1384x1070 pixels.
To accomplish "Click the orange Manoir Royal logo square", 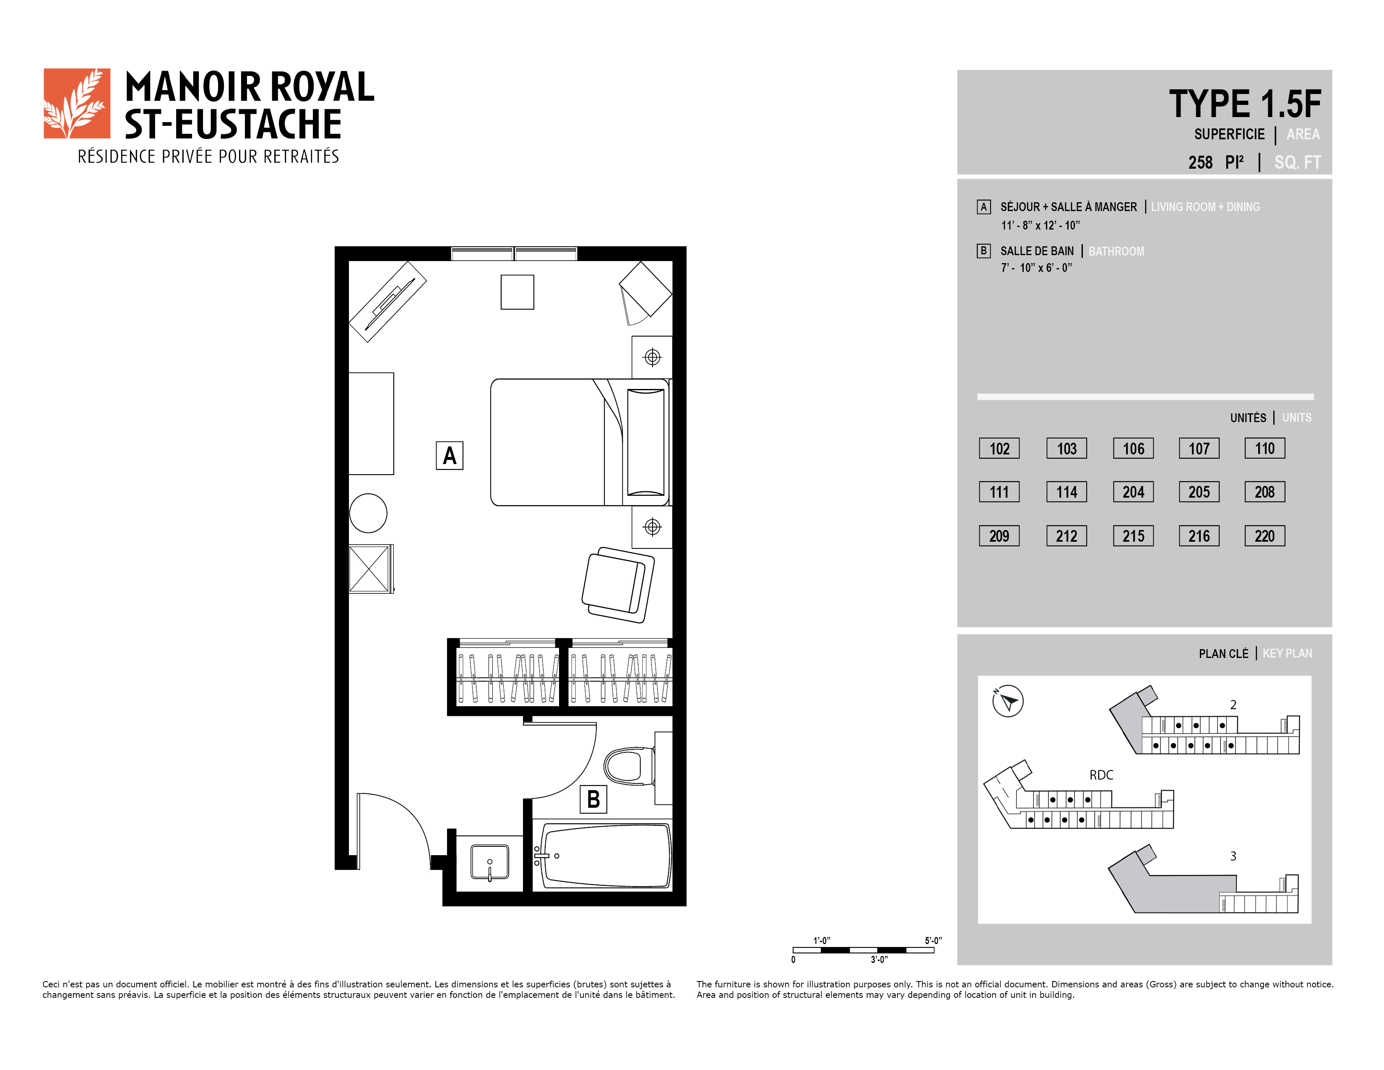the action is coord(77,103).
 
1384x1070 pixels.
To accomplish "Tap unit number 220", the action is coord(1264,536).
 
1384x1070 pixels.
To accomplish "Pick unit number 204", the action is coord(1133,492).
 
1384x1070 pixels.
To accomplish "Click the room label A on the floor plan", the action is coord(449,456).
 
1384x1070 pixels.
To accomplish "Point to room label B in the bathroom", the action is coord(593,799).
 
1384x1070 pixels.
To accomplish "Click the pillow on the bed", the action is coord(646,442).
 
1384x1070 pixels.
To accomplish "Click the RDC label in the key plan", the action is coord(1101,775).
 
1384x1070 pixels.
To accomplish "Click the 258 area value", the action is coord(1200,162).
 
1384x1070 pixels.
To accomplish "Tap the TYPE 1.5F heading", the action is coord(1245,104).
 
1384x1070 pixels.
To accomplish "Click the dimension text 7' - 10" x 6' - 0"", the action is coord(1037,268).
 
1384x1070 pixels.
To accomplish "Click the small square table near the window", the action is coord(517,292).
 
